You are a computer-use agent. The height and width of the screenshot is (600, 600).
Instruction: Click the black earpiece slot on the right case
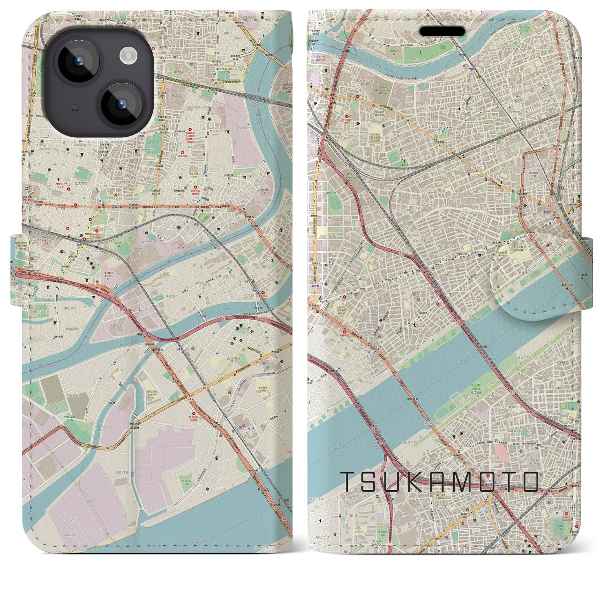pos(442,31)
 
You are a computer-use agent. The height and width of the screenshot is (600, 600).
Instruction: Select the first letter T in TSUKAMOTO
pos(347,481)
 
